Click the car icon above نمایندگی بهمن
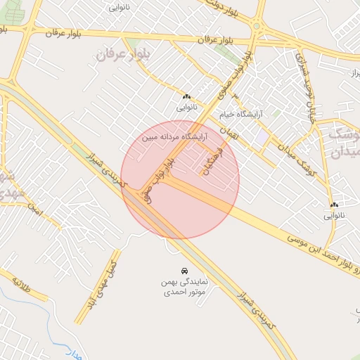(x=184, y=271)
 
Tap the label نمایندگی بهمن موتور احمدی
(x=184, y=285)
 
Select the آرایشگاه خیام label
(x=259, y=114)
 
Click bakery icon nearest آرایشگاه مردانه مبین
(x=186, y=97)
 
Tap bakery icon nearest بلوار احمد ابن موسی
(x=334, y=205)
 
